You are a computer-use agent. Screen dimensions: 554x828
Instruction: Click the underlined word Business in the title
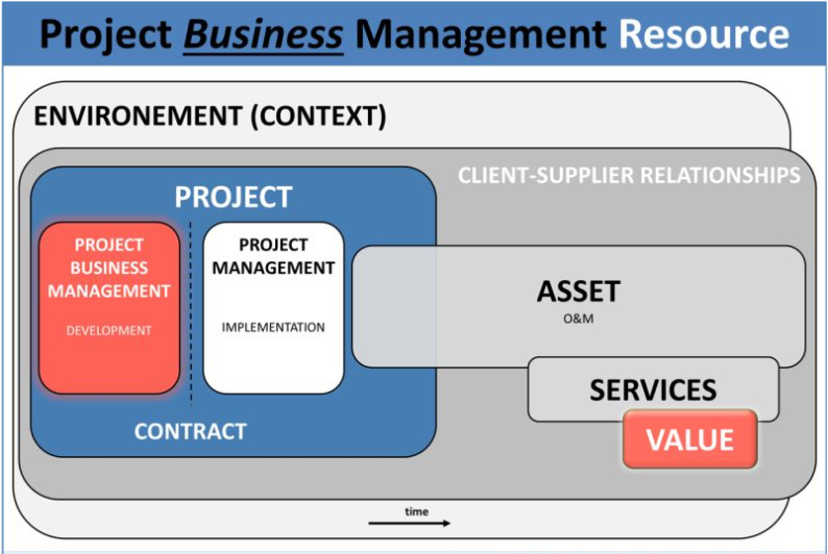pos(264,35)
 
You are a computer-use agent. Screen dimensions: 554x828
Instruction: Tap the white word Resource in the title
pos(703,35)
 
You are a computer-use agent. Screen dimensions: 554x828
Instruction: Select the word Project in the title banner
pos(106,35)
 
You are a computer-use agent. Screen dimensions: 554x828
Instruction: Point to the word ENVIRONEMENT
pos(138,117)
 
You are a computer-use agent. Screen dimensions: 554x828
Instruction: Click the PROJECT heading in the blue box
pos(233,197)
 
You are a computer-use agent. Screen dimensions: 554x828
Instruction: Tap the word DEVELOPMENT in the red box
pos(109,330)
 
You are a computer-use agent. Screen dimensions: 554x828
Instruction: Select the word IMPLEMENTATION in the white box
pos(273,327)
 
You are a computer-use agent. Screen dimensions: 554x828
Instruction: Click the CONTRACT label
pos(190,431)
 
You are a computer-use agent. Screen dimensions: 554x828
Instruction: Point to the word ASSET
pos(578,292)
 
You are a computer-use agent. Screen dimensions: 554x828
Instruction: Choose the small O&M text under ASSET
pos(578,319)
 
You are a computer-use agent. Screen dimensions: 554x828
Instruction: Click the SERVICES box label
pos(653,390)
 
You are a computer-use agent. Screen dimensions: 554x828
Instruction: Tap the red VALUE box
pos(690,439)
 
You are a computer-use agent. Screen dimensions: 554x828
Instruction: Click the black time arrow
pos(410,523)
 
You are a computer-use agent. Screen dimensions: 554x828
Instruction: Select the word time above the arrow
pos(416,511)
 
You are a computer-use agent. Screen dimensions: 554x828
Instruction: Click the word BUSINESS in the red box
pos(109,268)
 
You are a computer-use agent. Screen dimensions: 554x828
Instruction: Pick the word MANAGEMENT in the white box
pos(273,268)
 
